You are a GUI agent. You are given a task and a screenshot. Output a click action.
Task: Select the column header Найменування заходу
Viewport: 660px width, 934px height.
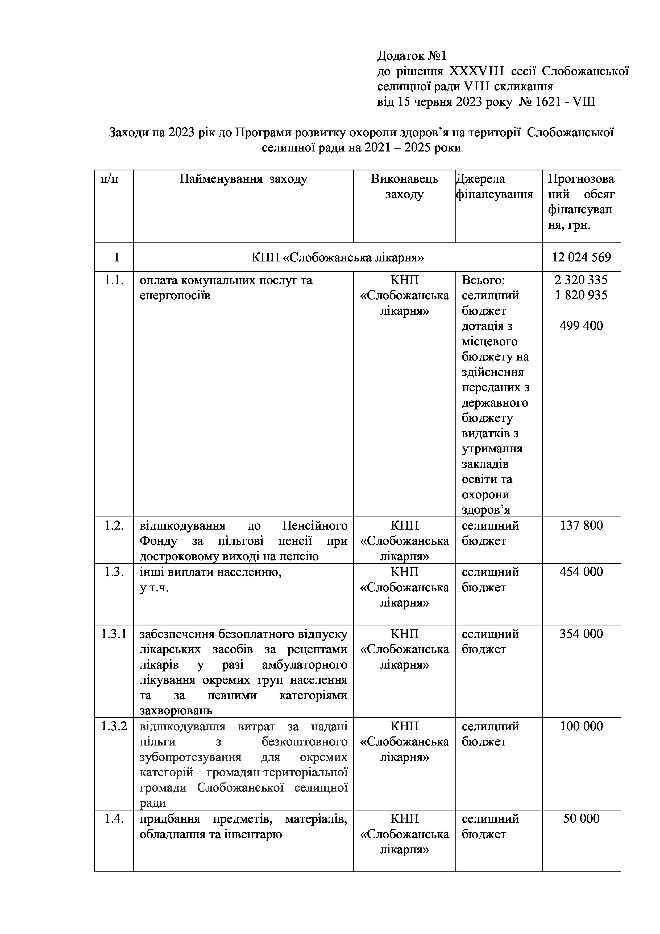click(243, 179)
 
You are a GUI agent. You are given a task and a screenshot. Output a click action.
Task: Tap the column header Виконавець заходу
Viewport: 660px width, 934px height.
click(404, 187)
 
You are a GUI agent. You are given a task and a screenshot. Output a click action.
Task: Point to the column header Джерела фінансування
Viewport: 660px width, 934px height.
click(494, 187)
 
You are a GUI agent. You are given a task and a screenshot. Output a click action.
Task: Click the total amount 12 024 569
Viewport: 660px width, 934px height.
click(581, 257)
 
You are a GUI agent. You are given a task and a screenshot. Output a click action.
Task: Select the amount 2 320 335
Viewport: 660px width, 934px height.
click(581, 280)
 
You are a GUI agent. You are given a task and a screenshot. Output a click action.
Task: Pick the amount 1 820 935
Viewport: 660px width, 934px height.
click(581, 295)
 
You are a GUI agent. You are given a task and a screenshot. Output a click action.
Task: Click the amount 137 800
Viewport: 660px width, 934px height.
click(581, 526)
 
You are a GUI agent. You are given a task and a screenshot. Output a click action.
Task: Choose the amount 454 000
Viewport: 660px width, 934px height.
click(581, 572)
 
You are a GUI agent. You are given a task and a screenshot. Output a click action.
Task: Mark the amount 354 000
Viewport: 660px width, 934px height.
click(581, 634)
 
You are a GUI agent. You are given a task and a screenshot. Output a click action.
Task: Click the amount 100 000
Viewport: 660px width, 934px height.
click(581, 726)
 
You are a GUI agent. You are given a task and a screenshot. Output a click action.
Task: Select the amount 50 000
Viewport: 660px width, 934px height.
click(581, 818)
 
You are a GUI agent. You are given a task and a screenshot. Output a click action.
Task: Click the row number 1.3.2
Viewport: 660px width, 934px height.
click(114, 726)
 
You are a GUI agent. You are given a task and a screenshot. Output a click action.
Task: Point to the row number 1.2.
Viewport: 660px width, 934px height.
click(114, 526)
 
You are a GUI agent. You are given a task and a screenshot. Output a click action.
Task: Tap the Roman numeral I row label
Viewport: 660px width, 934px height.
click(117, 257)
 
